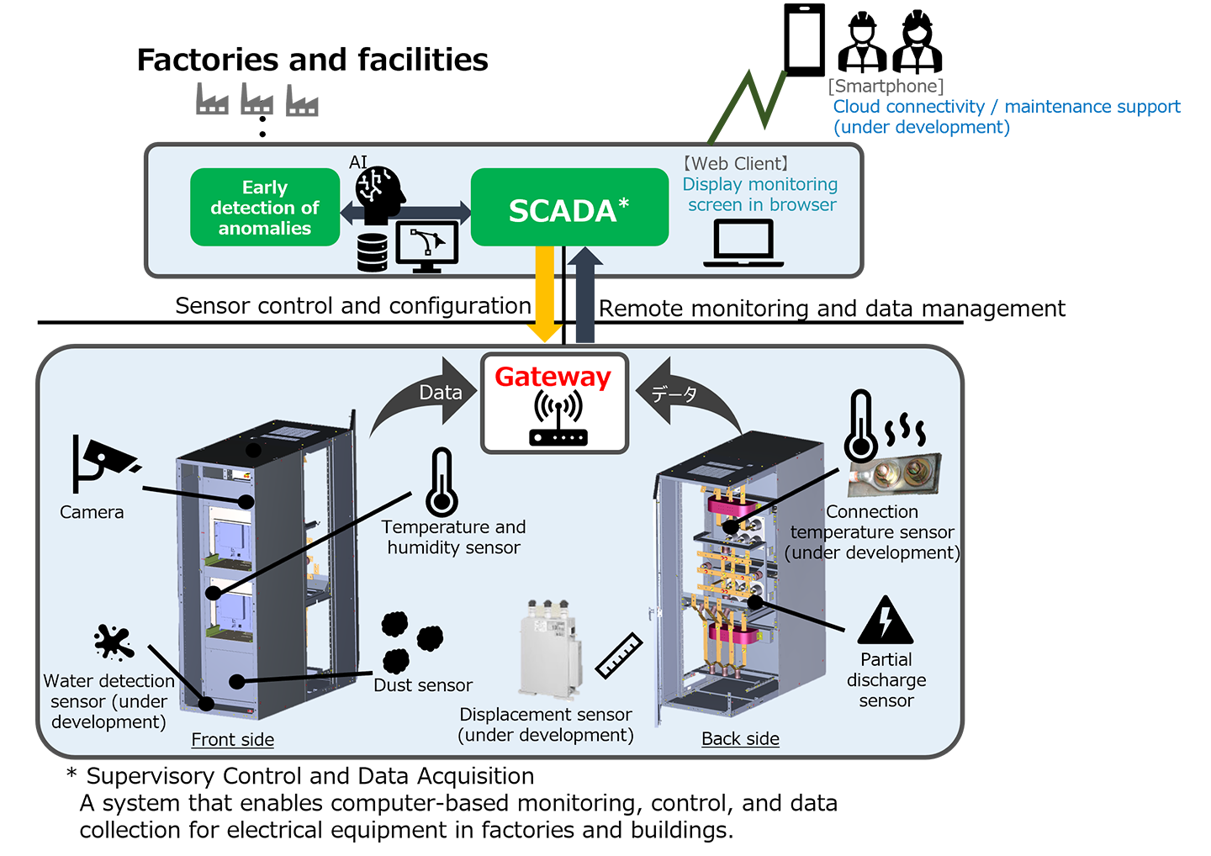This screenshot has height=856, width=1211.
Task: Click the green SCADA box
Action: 569,208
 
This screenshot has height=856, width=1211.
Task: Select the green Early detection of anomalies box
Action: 265,208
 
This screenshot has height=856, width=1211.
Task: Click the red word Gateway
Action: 553,377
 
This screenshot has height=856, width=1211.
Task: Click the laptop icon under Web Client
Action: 743,243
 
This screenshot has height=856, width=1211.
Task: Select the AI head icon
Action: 379,192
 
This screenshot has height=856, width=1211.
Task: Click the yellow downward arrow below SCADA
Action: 545,294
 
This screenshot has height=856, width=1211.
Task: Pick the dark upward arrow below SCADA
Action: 585,294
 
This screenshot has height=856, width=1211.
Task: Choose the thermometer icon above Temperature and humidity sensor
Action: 441,482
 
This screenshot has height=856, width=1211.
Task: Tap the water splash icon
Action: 114,642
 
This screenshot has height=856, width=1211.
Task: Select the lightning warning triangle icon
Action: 885,622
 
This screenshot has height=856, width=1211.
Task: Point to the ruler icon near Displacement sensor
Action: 619,656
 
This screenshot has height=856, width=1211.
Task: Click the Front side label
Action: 233,740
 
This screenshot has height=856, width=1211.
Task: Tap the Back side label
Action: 740,739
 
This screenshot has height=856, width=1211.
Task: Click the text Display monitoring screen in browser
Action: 760,194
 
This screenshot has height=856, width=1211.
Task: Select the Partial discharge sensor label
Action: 886,680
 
